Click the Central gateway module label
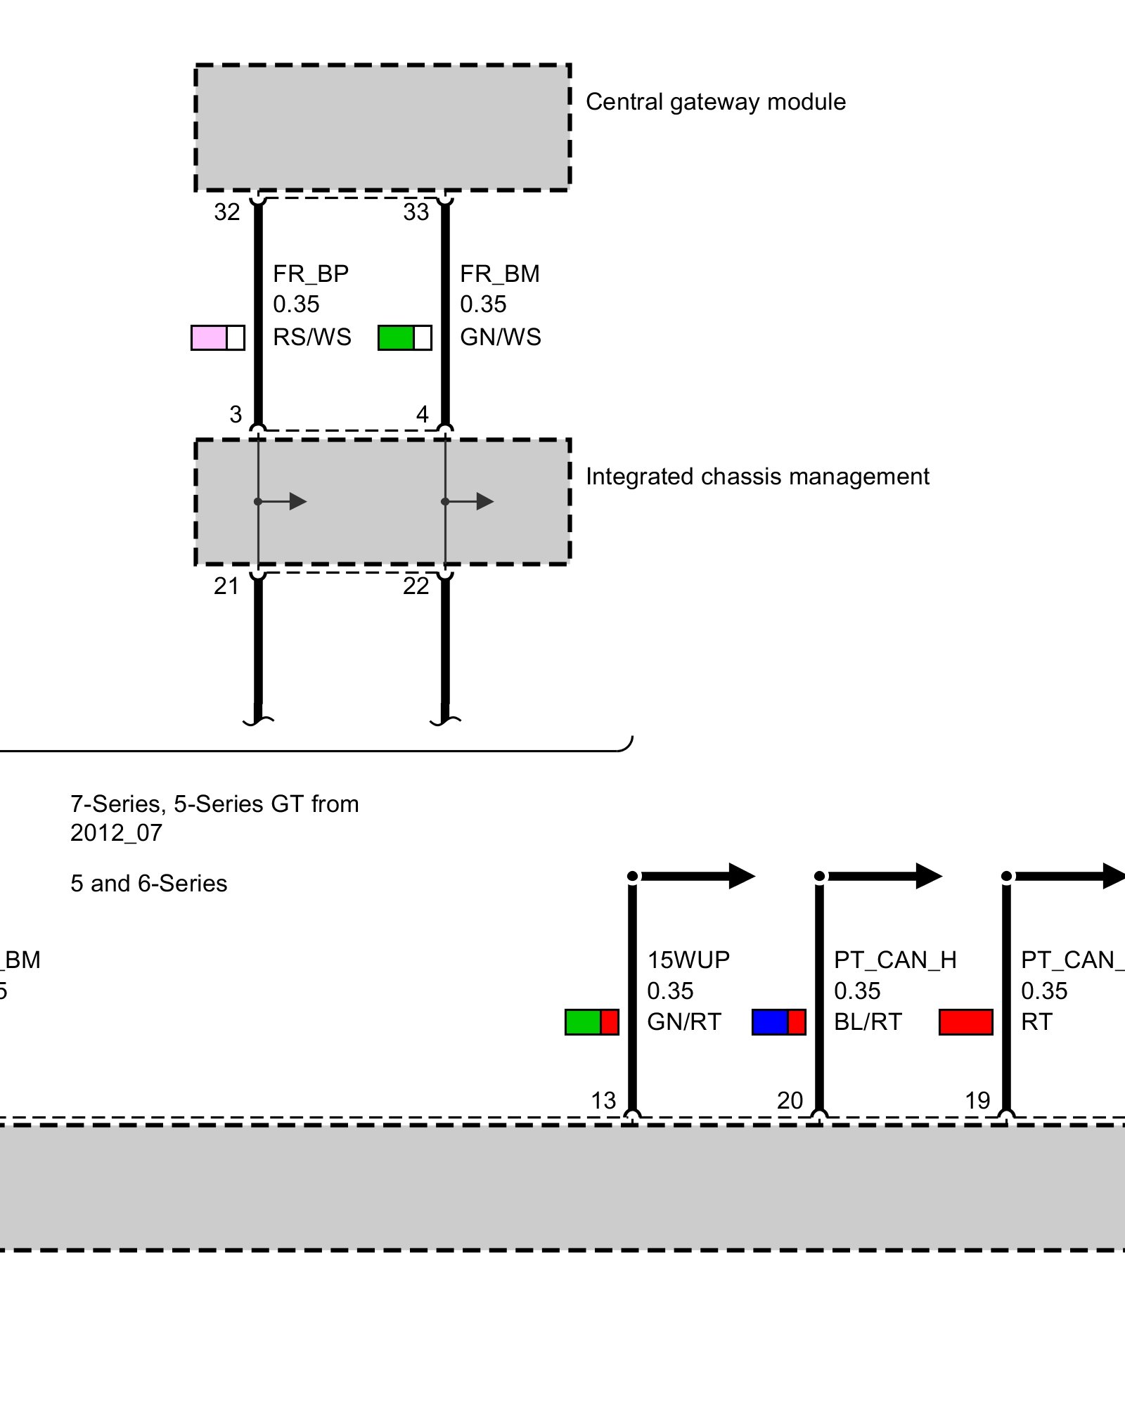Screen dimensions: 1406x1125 (x=715, y=102)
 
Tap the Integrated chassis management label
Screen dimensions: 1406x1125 (x=757, y=477)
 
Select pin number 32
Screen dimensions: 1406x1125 (x=226, y=212)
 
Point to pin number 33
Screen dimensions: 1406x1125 (x=416, y=212)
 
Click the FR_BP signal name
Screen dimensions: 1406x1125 (x=310, y=273)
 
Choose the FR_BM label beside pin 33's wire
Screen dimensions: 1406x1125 (x=499, y=273)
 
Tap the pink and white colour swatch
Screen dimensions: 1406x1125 (x=218, y=337)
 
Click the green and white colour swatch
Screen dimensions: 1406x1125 (x=404, y=337)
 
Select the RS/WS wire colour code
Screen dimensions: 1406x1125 (x=311, y=337)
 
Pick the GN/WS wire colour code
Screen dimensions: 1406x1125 (x=500, y=337)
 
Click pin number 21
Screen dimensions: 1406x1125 (x=226, y=586)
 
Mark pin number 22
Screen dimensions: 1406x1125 (x=416, y=586)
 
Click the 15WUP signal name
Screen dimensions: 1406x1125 (x=688, y=960)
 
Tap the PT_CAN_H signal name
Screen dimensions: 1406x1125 (x=894, y=960)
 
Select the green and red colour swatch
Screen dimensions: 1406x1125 (x=591, y=1022)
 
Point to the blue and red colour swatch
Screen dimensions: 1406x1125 (x=778, y=1022)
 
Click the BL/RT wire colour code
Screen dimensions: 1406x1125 (x=867, y=1021)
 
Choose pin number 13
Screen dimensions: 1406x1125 (x=603, y=1100)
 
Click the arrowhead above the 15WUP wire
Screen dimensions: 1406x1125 (x=741, y=876)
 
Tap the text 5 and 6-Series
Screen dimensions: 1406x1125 (x=148, y=884)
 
